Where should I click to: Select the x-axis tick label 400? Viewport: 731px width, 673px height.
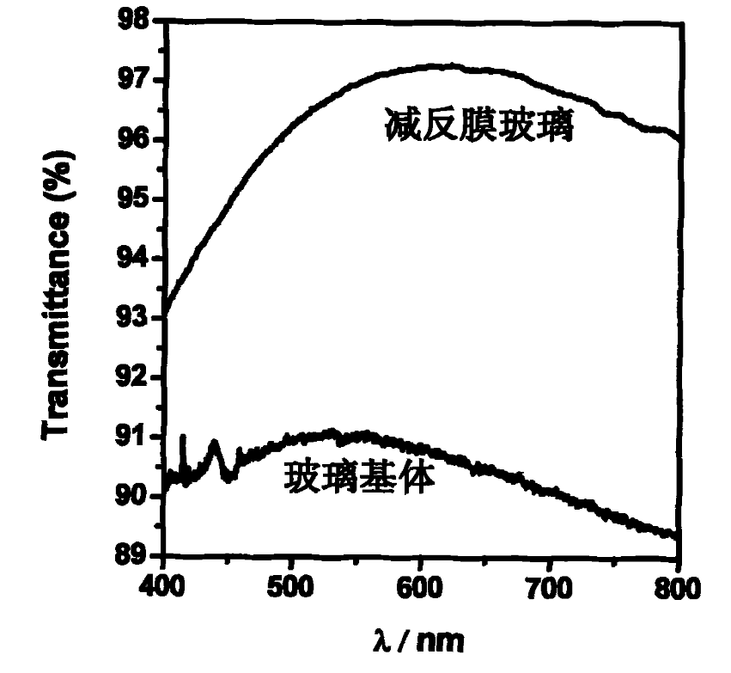click(163, 589)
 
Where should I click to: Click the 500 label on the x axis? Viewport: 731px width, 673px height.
click(292, 589)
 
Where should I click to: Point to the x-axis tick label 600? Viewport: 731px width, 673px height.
click(421, 589)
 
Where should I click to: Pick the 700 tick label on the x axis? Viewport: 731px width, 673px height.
click(551, 589)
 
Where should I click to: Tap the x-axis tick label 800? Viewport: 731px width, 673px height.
click(679, 589)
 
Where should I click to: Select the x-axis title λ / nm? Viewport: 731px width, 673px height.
click(422, 640)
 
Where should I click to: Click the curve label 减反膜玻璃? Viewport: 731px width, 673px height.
click(478, 129)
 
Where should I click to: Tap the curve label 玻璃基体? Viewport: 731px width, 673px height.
click(360, 477)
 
